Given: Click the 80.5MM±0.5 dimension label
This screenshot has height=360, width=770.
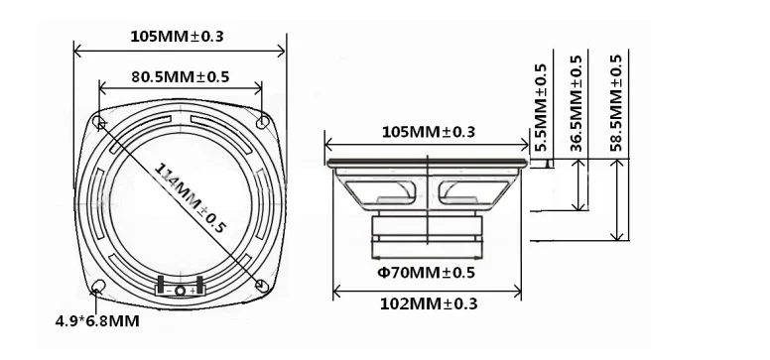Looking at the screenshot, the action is click(x=181, y=77).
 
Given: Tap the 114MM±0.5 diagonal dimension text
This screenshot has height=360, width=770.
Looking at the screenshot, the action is click(x=190, y=197).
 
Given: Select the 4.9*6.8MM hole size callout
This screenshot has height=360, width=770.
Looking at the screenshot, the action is click(x=97, y=321).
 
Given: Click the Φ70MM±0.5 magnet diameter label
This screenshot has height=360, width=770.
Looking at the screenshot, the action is click(x=427, y=273).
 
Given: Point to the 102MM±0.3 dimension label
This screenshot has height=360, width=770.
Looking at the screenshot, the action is click(x=429, y=304).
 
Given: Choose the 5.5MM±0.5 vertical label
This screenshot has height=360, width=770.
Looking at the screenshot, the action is click(x=541, y=107).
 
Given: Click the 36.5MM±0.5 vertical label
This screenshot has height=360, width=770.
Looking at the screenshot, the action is click(x=577, y=103).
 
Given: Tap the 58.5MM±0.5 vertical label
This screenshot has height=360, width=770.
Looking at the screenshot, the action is click(x=616, y=103).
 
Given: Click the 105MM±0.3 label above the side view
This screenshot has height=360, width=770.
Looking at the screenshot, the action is click(x=429, y=132).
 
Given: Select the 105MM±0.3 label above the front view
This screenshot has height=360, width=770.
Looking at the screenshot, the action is click(x=177, y=37).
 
